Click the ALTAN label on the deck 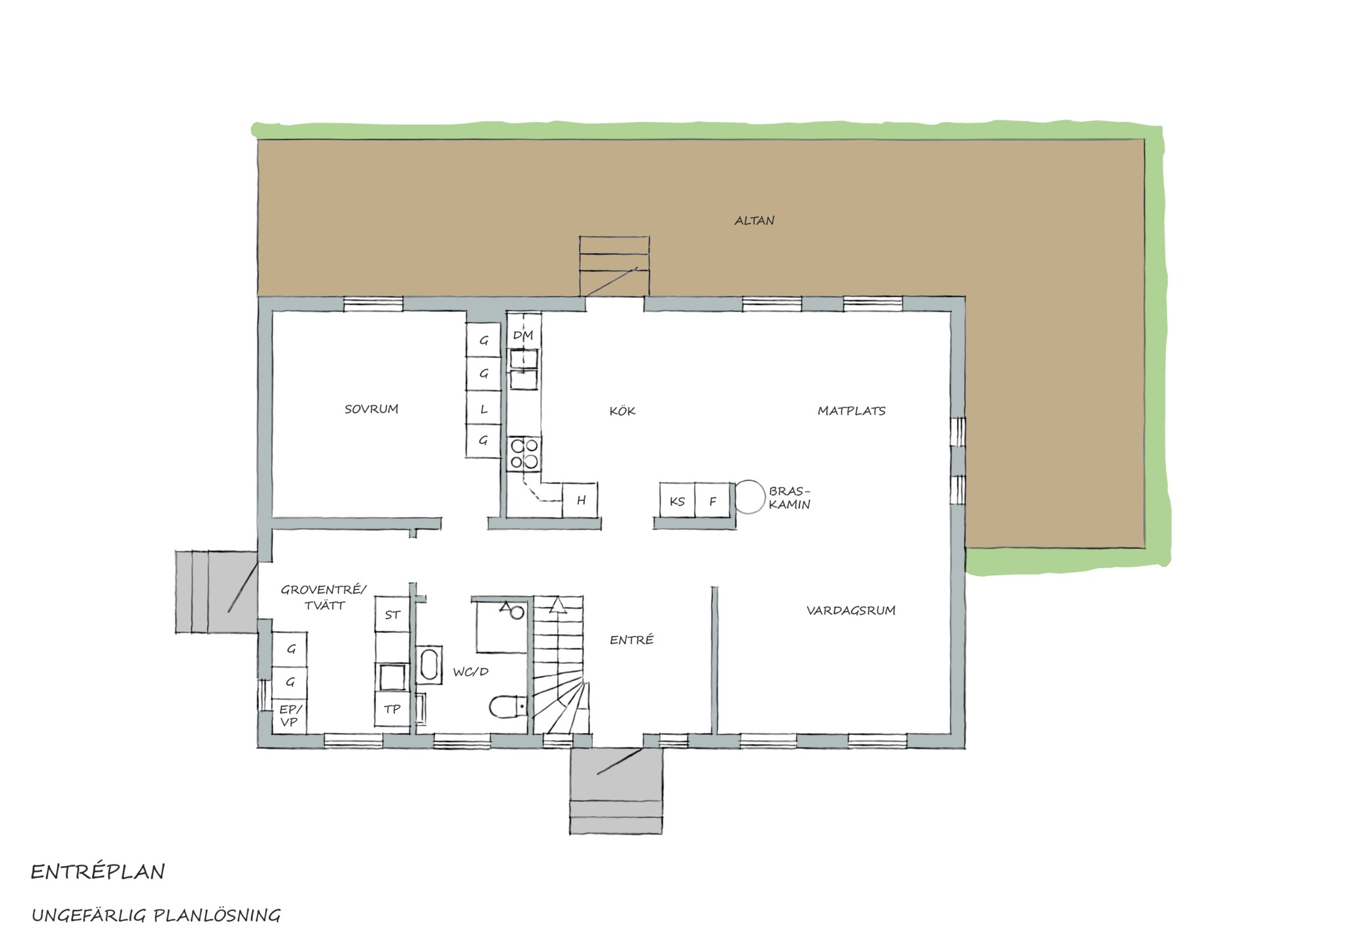754,220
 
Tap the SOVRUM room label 371,409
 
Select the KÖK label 622,411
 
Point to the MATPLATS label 851,411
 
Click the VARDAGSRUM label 851,610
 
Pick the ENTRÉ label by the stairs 632,639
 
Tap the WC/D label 471,672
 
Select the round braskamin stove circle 750,496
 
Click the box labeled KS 678,501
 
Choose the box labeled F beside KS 713,501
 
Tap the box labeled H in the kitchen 580,500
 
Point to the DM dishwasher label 523,336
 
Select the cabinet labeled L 484,409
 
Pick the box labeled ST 392,615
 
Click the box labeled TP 392,709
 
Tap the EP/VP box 290,716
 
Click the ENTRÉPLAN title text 98,872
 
